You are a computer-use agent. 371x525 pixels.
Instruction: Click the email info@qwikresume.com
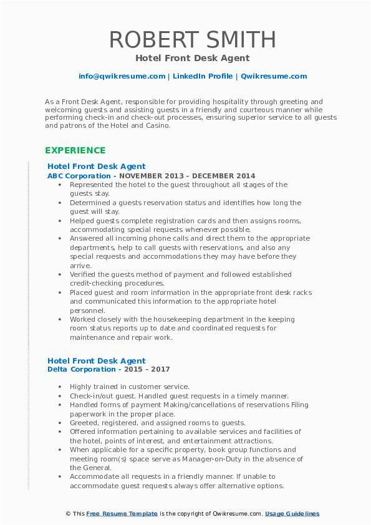pyautogui.click(x=122, y=76)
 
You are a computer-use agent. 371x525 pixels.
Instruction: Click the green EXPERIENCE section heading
pyautogui.click(x=75, y=150)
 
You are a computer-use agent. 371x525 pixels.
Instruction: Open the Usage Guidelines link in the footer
pyautogui.click(x=292, y=514)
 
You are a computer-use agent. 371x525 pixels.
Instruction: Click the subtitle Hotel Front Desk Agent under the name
pyautogui.click(x=192, y=58)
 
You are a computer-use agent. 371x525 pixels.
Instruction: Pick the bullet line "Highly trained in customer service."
pyautogui.click(x=130, y=387)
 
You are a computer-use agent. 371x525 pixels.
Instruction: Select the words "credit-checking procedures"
pyautogui.click(x=115, y=283)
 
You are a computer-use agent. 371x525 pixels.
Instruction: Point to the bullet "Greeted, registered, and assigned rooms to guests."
pyautogui.click(x=158, y=423)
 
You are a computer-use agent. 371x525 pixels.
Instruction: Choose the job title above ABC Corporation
pyautogui.click(x=96, y=166)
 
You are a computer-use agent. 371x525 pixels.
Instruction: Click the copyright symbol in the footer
pyautogui.click(x=67, y=514)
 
